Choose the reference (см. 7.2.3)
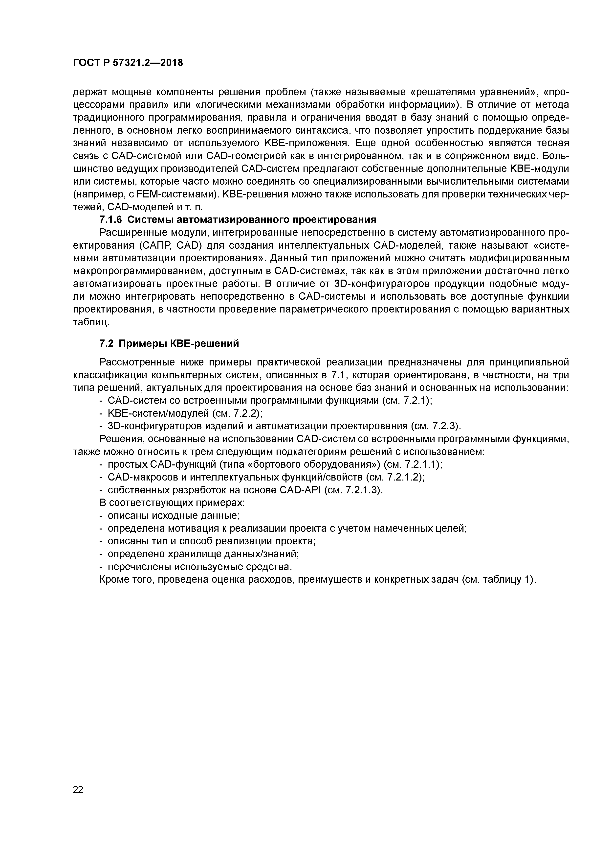435,426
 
